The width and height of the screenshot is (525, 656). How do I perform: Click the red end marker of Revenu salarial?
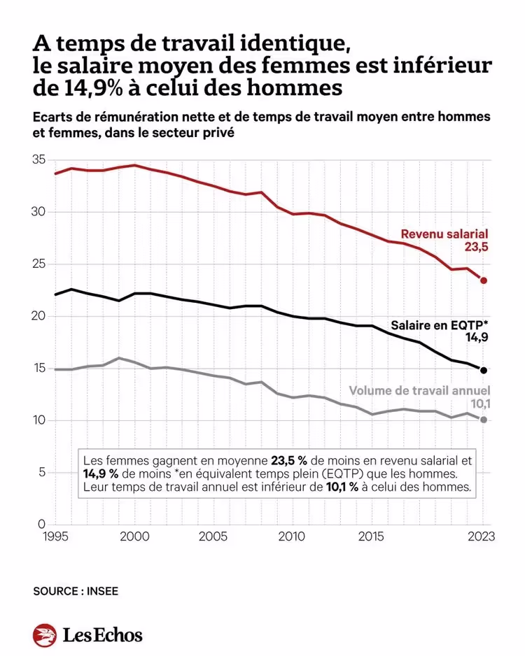[x=484, y=280]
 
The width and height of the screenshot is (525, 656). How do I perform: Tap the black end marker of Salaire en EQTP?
[x=484, y=369]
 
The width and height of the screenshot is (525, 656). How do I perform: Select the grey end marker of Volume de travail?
[x=484, y=420]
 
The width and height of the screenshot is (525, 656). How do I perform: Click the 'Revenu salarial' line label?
[x=444, y=234]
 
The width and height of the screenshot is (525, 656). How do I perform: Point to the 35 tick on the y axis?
[x=39, y=159]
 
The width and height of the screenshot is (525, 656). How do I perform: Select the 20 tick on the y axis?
[x=39, y=316]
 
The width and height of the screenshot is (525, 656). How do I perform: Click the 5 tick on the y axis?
[x=42, y=472]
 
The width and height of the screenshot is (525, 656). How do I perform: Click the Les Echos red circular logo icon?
[x=44, y=635]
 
